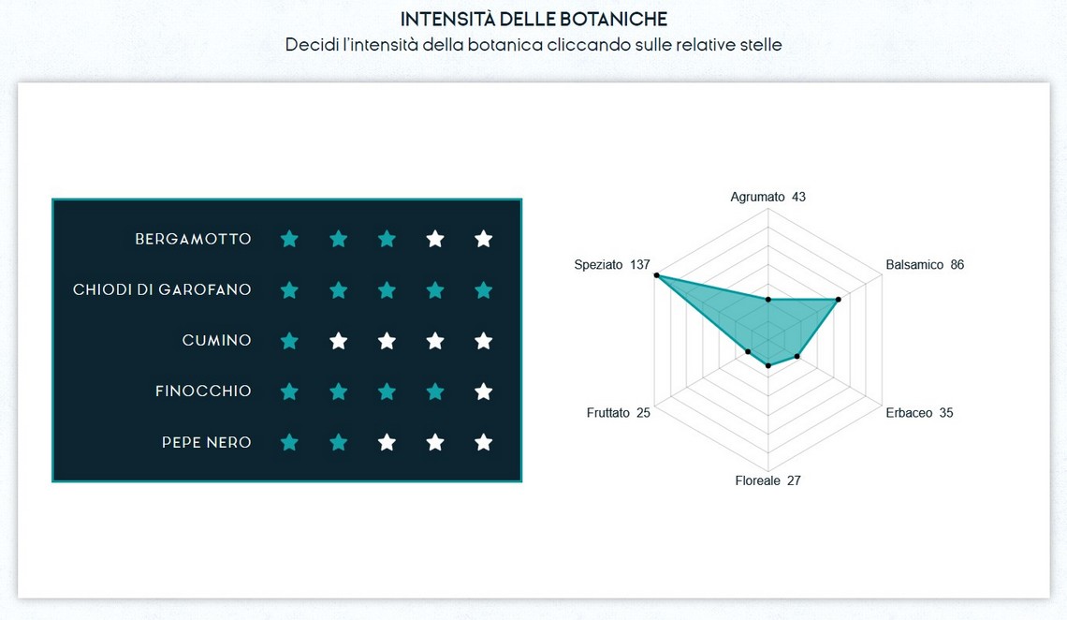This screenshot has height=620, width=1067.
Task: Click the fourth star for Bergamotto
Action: [435, 239]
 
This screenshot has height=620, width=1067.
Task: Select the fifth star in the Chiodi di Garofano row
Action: [484, 290]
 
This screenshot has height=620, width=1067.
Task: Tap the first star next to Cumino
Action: [289, 340]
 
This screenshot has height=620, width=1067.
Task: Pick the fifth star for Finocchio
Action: [484, 391]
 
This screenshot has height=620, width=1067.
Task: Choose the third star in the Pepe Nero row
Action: [387, 442]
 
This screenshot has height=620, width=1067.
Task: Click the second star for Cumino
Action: [338, 340]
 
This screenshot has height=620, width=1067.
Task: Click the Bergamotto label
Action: [193, 239]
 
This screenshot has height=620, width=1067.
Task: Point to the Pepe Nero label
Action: [206, 442]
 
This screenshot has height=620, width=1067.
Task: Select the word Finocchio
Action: [203, 391]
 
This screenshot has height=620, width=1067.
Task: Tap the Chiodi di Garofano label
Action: [162, 290]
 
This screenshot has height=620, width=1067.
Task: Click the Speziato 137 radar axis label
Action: [612, 265]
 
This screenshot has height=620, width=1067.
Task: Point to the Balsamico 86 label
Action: [925, 265]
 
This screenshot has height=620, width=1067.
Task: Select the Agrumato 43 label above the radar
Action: [767, 197]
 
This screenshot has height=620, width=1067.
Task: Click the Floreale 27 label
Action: [767, 480]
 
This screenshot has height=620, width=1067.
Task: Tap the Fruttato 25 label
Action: [618, 412]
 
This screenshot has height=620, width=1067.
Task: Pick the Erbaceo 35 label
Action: [919, 412]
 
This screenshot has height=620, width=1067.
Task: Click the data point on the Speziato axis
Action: [657, 275]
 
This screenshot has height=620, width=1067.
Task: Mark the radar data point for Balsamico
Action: [839, 300]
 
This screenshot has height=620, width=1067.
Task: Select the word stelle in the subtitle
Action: [761, 45]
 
